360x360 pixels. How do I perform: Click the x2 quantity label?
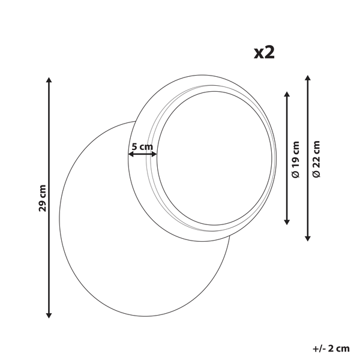pyautogui.click(x=264, y=53)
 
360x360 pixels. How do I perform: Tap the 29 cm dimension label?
pyautogui.click(x=43, y=198)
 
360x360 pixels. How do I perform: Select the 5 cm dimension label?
pyautogui.click(x=142, y=146)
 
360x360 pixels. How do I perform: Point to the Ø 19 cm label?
pyautogui.click(x=296, y=160)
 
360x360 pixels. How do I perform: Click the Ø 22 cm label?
pyautogui.click(x=316, y=159)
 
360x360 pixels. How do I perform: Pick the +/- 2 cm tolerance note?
pyautogui.click(x=331, y=349)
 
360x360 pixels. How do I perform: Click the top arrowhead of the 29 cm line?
pyautogui.click(x=49, y=80)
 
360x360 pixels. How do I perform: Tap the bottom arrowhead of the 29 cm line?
pyautogui.click(x=49, y=316)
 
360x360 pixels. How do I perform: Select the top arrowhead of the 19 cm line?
pyautogui.click(x=287, y=94)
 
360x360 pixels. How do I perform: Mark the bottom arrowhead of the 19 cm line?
pyautogui.click(x=287, y=222)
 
